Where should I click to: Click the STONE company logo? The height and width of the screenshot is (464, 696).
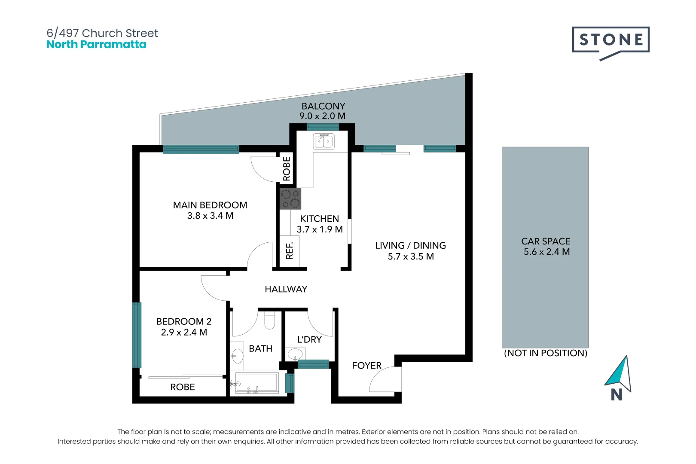click(611, 43)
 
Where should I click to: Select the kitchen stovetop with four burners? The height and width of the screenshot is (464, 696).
click(290, 198)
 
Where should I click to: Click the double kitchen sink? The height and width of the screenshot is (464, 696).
click(324, 141)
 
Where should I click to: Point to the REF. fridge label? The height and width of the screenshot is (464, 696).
click(289, 250)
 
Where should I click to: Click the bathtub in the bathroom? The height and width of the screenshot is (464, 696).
click(256, 382)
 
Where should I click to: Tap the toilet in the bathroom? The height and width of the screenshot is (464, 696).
click(270, 320)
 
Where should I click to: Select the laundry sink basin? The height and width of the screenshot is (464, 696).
click(295, 354)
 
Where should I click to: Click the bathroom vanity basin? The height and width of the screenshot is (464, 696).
click(238, 356)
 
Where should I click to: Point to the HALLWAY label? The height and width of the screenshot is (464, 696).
click(286, 289)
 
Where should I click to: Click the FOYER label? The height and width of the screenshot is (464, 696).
click(366, 366)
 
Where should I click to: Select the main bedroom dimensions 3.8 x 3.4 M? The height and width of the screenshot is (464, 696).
click(210, 216)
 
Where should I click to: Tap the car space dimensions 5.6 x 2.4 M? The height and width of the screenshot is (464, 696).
click(546, 252)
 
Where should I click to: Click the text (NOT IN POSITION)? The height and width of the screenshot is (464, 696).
click(546, 353)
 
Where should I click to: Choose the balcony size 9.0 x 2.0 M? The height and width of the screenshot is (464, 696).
click(323, 116)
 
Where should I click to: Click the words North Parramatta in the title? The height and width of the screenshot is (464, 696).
click(96, 44)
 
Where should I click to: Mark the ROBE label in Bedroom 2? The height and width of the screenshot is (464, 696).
click(183, 387)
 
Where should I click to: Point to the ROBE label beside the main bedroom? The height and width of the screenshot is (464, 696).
click(287, 169)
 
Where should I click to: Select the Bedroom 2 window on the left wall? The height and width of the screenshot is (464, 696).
click(137, 335)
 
